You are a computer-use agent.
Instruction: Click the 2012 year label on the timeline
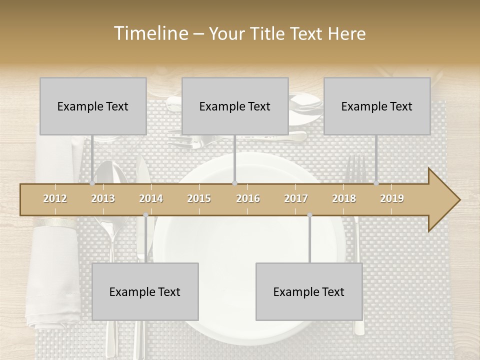click(55, 198)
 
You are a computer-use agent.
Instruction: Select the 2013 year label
click(103, 198)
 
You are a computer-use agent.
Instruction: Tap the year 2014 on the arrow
click(151, 198)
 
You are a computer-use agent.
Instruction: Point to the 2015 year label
click(199, 198)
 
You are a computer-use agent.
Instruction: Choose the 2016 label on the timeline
click(248, 198)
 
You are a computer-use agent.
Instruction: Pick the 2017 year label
click(296, 198)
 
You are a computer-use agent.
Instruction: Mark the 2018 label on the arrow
click(344, 198)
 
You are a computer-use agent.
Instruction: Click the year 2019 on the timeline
click(392, 198)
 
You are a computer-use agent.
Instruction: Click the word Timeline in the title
click(150, 33)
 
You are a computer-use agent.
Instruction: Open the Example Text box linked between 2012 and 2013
click(93, 106)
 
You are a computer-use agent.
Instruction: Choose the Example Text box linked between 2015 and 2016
click(235, 106)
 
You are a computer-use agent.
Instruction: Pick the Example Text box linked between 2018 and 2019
click(377, 106)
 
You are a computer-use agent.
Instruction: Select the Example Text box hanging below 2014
click(145, 291)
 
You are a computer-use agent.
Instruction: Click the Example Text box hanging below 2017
click(309, 291)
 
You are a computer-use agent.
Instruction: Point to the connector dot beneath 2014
click(145, 215)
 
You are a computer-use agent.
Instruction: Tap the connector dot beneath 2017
click(309, 215)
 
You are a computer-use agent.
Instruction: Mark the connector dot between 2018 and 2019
click(376, 183)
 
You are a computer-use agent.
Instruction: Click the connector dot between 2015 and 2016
click(234, 183)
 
